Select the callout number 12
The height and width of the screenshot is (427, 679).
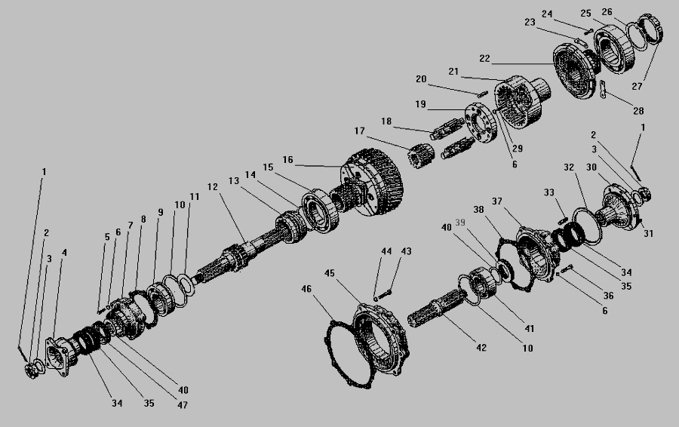click(x=212, y=186)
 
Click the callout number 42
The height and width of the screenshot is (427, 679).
click(x=481, y=348)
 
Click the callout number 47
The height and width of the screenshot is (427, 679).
click(x=182, y=405)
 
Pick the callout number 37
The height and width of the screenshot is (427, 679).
click(x=518, y=201)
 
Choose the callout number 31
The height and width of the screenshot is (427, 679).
click(x=648, y=233)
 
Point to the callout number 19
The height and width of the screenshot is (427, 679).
click(x=420, y=103)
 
